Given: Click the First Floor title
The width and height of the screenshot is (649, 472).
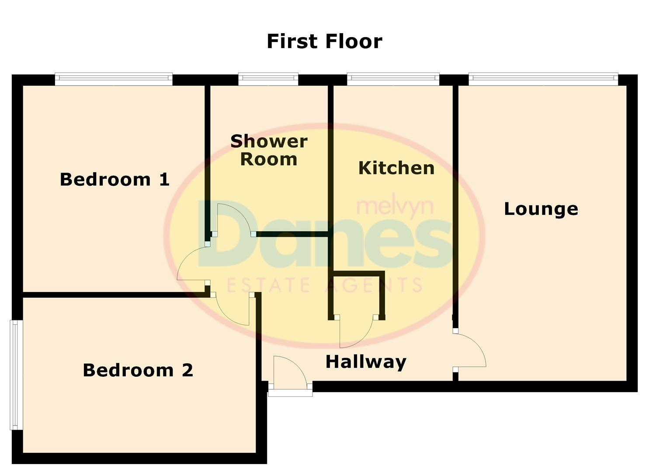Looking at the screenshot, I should (x=324, y=42).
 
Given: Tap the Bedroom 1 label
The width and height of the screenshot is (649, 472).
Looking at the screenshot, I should (x=115, y=180).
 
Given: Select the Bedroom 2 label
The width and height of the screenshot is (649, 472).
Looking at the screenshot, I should (x=138, y=371).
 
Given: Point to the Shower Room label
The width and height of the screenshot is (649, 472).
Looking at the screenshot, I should (x=269, y=150).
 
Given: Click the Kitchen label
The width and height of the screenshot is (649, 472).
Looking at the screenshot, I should (x=396, y=168).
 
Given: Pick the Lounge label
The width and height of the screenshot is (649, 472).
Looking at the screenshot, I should (x=541, y=209).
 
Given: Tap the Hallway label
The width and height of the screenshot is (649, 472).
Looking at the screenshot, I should (x=366, y=362).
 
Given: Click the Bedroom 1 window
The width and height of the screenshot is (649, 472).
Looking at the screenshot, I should (x=114, y=79).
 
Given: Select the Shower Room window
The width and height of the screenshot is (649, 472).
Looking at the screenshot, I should (x=268, y=79).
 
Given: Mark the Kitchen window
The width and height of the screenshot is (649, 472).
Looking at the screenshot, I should (x=393, y=79).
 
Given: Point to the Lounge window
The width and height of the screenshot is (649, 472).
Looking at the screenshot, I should (x=543, y=79).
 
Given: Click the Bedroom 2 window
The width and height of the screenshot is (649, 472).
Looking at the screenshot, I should (x=16, y=375).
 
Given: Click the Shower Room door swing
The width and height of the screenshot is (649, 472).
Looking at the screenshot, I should (x=232, y=219).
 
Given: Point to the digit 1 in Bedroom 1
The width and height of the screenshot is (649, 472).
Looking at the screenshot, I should (x=164, y=180).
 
